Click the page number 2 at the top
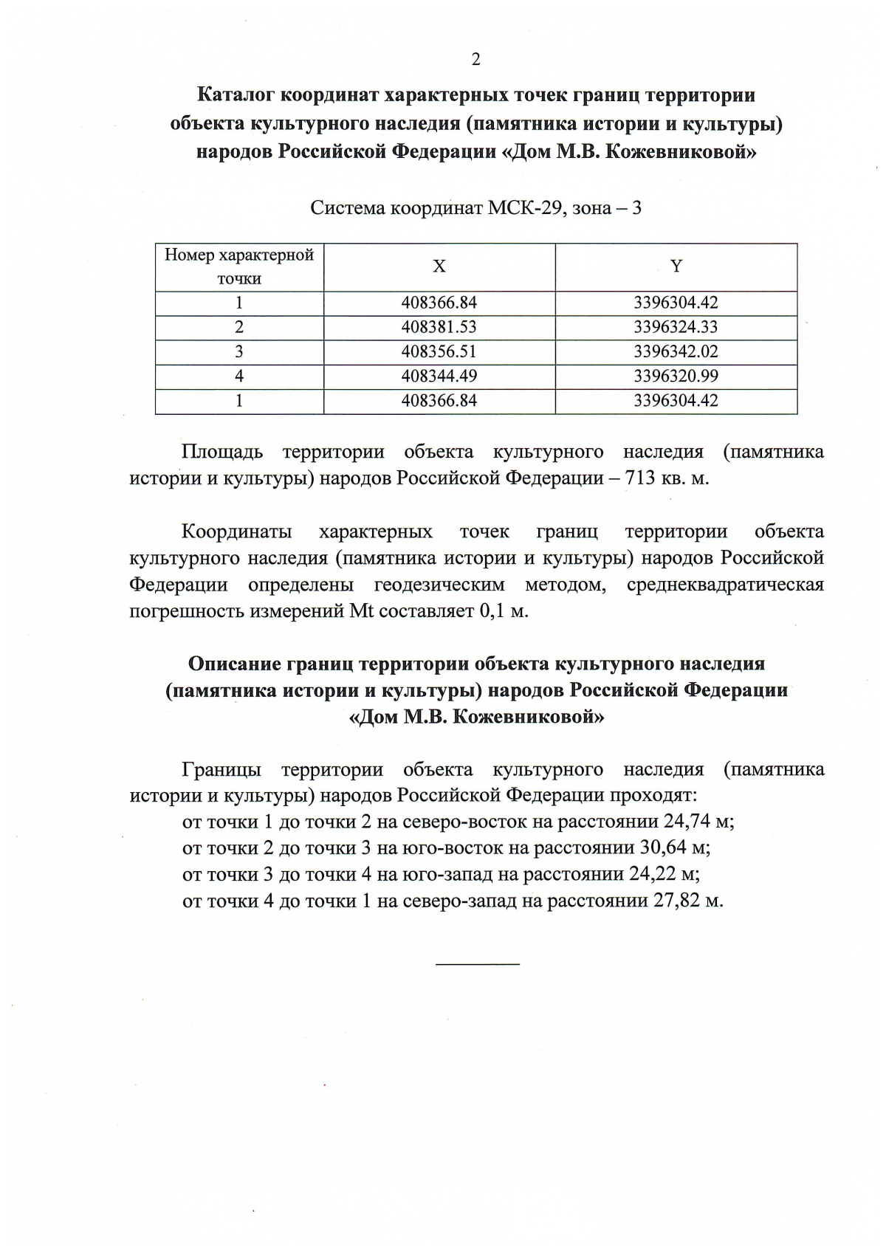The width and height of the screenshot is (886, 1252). (475, 60)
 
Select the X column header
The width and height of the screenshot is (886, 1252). (439, 266)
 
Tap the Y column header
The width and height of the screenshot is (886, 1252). (676, 266)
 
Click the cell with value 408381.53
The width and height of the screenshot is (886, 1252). (439, 327)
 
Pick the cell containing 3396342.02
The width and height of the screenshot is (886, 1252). (676, 351)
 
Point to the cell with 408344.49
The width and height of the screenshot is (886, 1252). (439, 376)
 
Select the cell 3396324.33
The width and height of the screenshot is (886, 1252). (676, 327)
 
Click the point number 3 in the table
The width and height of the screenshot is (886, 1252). (239, 351)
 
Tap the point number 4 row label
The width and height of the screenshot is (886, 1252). (239, 376)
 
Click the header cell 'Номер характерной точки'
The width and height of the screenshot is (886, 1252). (239, 266)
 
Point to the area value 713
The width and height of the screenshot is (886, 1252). (640, 478)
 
